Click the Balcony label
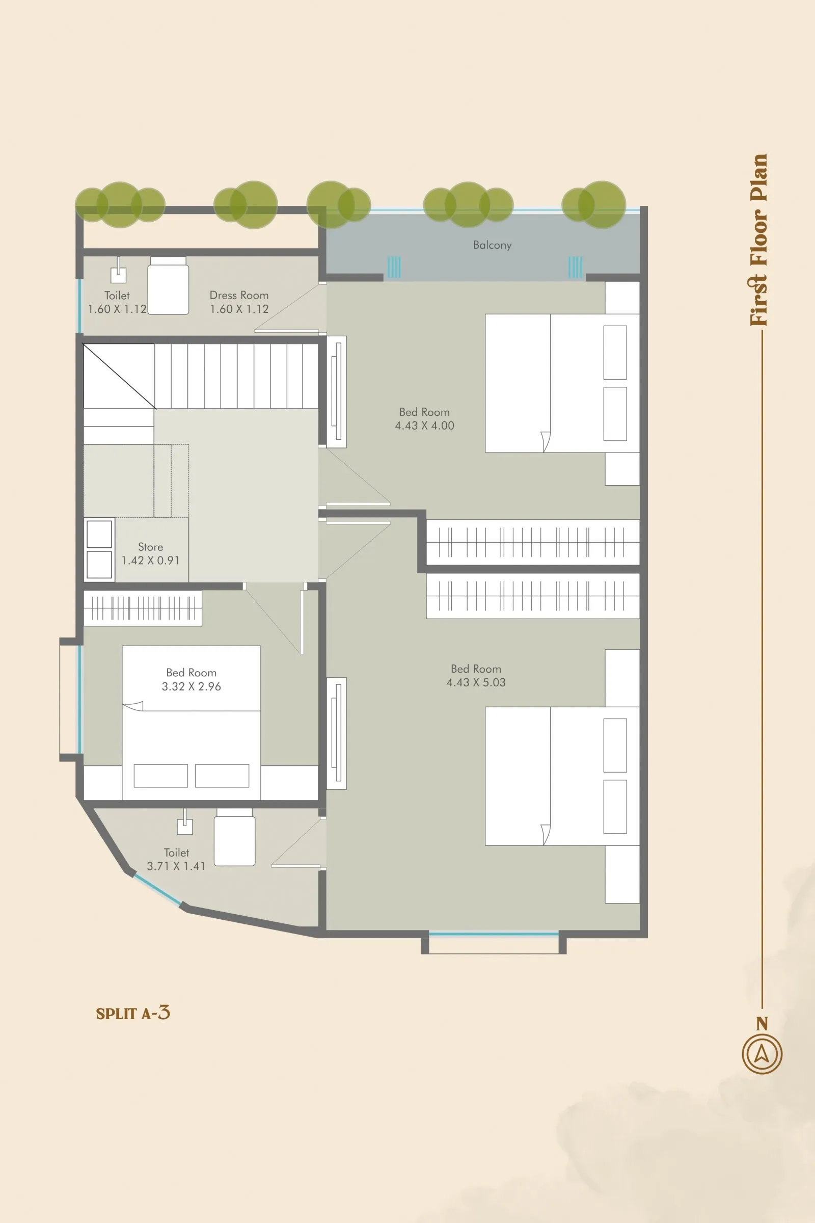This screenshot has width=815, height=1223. point(492,245)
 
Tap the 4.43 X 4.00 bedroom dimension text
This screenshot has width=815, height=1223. point(424,426)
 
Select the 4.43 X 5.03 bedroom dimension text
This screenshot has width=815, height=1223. point(476,683)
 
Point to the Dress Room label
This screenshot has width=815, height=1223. point(238,296)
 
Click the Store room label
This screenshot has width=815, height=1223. point(150,547)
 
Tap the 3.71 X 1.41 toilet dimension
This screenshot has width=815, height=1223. point(176,866)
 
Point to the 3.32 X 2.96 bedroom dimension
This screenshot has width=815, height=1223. point(192,686)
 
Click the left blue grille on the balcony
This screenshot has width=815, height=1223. point(394,267)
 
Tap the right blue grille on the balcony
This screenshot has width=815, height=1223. point(575,267)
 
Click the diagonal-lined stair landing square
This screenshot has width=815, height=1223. point(119,376)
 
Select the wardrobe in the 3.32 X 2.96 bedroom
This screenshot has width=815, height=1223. point(143,608)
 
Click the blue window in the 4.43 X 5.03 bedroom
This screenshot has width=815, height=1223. point(493,934)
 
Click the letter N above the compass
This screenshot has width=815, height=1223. point(762,1024)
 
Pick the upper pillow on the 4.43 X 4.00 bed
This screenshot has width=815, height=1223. point(615,352)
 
